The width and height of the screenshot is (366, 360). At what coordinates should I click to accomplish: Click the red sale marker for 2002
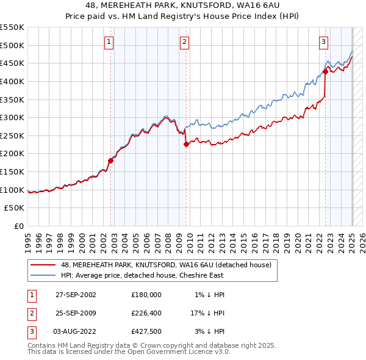tap(111, 160)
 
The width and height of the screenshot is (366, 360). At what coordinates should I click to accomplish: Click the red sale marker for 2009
tap(186, 145)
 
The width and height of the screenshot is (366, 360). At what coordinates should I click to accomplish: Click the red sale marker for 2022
tap(325, 71)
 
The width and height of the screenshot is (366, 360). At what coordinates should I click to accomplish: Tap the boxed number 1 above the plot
tap(109, 42)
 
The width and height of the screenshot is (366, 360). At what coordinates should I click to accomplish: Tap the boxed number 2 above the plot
tap(184, 42)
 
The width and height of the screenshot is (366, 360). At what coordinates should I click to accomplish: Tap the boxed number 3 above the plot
tap(323, 42)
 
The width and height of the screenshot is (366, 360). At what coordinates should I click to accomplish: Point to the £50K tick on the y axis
tap(16, 208)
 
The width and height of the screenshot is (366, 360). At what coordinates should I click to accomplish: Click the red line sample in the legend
tap(43, 265)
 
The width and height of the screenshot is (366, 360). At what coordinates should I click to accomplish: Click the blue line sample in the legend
tap(43, 276)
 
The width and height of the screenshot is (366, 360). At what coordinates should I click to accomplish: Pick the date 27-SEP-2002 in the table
tap(76, 295)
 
